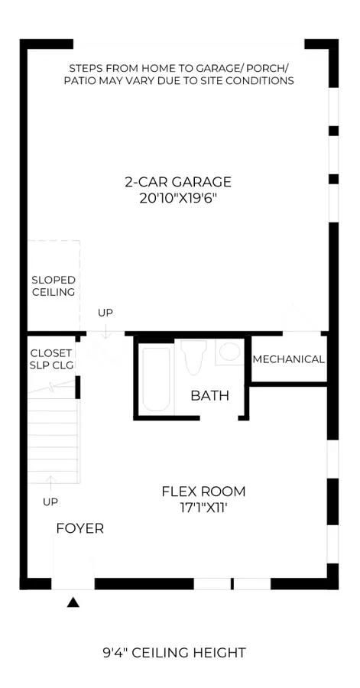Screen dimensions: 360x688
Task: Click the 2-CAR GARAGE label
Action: [x=177, y=181]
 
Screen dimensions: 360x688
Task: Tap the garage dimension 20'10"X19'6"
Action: [x=178, y=197]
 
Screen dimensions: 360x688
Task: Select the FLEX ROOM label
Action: [x=203, y=492]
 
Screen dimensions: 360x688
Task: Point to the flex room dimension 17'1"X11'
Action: [x=204, y=508]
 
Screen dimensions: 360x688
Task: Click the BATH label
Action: [x=209, y=396]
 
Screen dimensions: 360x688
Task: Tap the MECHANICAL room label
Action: [x=288, y=359]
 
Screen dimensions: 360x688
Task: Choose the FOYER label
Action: [x=79, y=528]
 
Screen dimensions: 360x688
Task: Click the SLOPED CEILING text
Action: [x=54, y=286]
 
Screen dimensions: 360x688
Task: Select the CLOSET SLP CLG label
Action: [x=51, y=359]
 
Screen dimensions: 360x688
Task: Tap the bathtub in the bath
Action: [x=156, y=379]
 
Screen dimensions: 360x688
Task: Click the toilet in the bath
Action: [x=193, y=356]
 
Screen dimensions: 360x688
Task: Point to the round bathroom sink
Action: [x=230, y=352]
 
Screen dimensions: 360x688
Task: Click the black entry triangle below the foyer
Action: [x=73, y=602]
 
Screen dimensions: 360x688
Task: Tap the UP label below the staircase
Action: [x=50, y=502]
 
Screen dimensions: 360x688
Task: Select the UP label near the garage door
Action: [x=105, y=313]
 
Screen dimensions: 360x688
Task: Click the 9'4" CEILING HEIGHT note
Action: [x=174, y=653]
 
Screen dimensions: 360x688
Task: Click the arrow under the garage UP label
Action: [x=105, y=330]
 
